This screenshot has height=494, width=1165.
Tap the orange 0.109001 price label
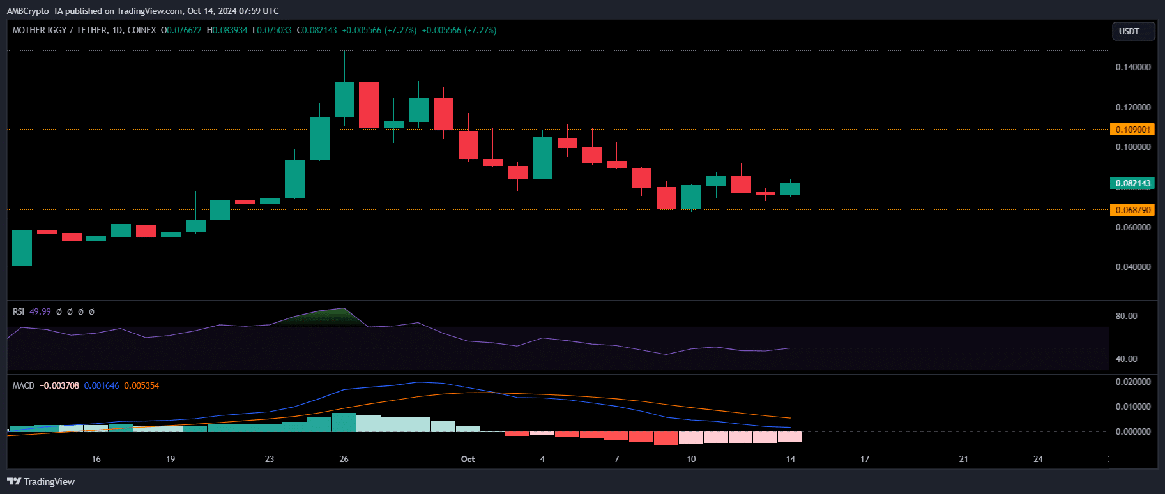point(1132,130)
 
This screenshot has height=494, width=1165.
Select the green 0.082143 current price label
point(1132,183)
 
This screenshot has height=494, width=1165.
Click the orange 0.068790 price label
point(1132,210)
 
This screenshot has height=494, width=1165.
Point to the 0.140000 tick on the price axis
point(1132,67)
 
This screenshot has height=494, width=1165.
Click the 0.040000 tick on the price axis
point(1132,267)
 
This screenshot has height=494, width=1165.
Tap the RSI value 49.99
point(40,311)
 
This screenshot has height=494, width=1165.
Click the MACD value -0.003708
point(59,385)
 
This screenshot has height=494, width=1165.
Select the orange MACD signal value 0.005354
point(142,385)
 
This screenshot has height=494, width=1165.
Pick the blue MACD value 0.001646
point(102,385)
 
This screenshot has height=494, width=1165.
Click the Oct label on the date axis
point(468,459)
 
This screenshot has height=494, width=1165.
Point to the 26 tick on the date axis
point(344,459)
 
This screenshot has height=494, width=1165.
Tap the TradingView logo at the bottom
point(42,482)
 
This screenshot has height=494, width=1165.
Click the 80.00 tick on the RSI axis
point(1126,316)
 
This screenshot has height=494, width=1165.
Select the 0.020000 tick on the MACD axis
point(1132,382)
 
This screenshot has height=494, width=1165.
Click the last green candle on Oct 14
point(790,188)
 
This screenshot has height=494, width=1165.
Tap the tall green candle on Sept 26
point(344,100)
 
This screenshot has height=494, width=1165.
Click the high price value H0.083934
point(227,30)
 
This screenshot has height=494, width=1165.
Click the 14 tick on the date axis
point(790,459)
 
